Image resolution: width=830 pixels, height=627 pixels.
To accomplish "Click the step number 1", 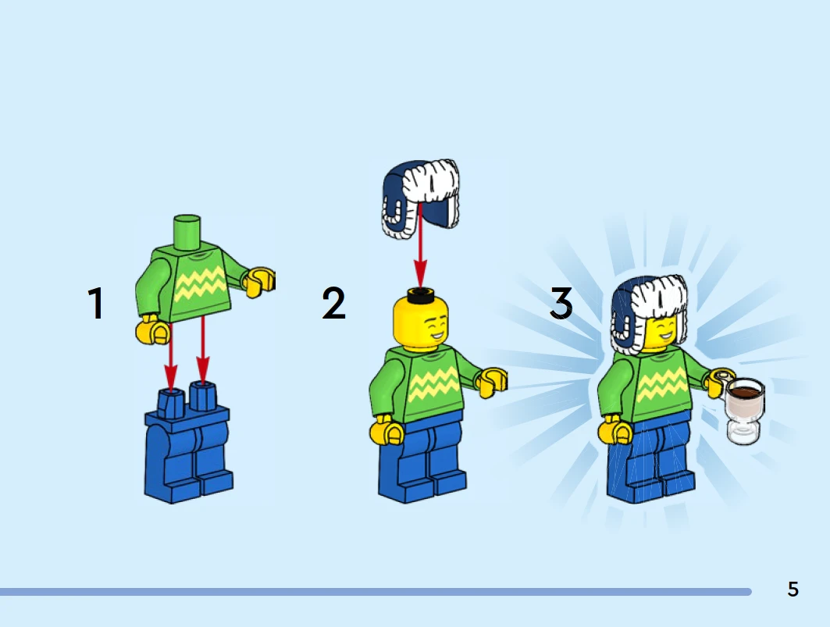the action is (96, 304).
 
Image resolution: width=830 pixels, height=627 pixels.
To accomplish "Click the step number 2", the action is (333, 303).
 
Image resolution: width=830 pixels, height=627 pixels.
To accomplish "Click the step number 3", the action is (561, 304).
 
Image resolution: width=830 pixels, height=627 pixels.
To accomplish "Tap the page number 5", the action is (793, 589).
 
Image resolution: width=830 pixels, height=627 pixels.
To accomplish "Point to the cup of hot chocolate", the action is (744, 410).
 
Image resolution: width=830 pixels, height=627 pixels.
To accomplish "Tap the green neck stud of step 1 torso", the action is (187, 231).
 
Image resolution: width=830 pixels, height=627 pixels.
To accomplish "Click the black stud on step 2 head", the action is (420, 294).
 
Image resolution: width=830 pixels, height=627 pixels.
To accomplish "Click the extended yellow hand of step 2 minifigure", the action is (492, 382).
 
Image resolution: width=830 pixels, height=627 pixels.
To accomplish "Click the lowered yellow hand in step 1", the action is (154, 330).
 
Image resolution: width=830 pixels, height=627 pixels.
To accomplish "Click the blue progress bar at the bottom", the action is (376, 592).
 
